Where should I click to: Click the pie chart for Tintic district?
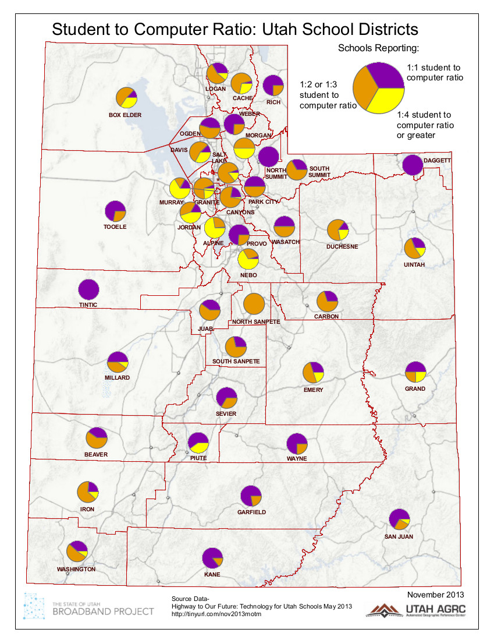(x=88, y=289)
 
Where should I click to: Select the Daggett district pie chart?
(x=412, y=165)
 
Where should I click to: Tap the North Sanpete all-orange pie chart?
(x=254, y=304)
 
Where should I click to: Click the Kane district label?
(x=212, y=575)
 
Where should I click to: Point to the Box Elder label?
(x=125, y=115)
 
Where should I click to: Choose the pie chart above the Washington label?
(x=77, y=551)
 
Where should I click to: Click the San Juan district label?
(x=399, y=536)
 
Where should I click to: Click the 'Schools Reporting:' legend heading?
(x=379, y=48)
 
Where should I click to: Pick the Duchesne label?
(x=342, y=246)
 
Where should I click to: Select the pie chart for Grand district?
(x=415, y=372)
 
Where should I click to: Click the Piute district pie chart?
(x=198, y=443)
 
